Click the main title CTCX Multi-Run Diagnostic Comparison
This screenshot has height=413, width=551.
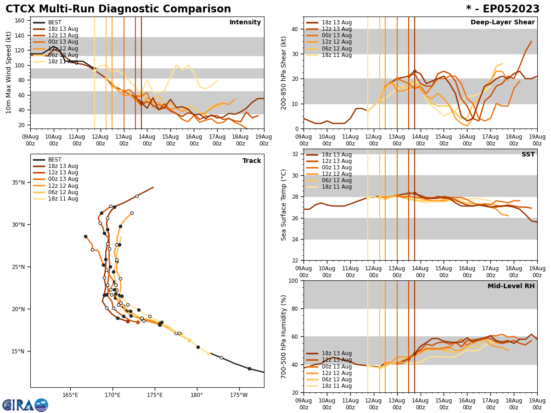click(118, 9)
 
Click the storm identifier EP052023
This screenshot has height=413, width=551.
click(503, 9)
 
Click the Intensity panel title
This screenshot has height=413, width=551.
click(245, 22)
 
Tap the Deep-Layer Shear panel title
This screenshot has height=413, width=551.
click(502, 22)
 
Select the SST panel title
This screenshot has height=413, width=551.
click(528, 155)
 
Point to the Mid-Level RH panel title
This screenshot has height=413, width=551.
click(511, 286)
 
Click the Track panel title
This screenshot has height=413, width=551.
click(252, 161)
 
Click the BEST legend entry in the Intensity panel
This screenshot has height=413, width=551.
click(55, 22)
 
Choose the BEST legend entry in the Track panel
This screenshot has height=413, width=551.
click(55, 160)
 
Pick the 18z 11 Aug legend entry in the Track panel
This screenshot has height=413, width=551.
click(63, 199)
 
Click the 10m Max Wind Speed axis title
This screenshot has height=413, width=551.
click(8, 73)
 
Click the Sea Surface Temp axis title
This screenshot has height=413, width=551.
click(284, 205)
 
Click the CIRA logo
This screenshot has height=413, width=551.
click(25, 405)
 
